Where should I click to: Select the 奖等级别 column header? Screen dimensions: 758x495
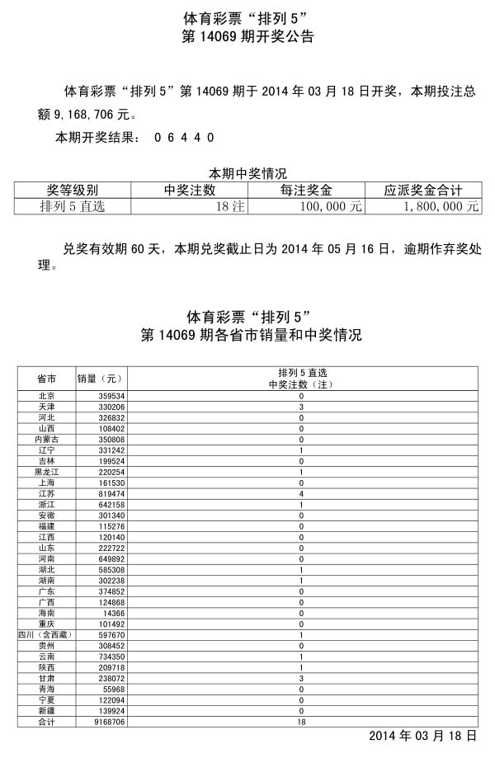click(73, 190)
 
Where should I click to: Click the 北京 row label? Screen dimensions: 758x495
click(47, 396)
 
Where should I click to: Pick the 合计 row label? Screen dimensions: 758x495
click(47, 721)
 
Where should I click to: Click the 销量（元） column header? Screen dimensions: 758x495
click(100, 378)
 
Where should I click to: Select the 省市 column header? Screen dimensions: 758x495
click(47, 378)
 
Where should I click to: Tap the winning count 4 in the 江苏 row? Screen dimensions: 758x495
click(301, 493)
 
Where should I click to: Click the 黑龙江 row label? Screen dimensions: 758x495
click(47, 472)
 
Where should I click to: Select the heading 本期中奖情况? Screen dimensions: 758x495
click(247, 173)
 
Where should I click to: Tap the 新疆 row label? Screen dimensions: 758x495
click(47, 710)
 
